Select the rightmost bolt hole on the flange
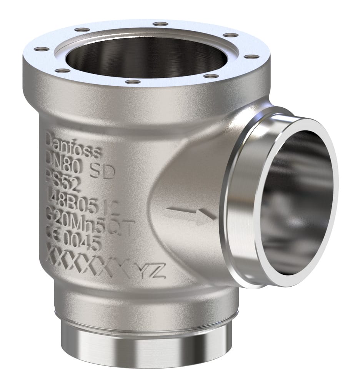click(252, 57)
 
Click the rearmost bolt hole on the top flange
click(158, 24)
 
